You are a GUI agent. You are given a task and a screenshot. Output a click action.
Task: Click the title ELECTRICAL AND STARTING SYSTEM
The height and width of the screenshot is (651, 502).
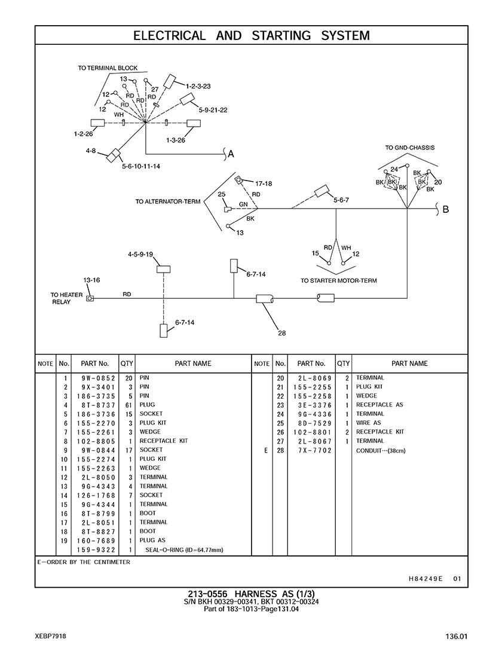[251, 35]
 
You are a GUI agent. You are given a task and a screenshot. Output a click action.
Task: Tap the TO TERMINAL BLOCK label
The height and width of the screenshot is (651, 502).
[108, 68]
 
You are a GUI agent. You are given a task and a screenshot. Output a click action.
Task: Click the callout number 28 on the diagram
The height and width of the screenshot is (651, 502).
[281, 334]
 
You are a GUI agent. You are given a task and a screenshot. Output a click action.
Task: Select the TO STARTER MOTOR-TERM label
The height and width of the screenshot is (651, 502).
[338, 280]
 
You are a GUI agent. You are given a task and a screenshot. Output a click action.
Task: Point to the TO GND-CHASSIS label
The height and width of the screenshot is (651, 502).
[409, 148]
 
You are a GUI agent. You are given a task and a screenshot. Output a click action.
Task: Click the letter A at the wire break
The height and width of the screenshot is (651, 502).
[231, 154]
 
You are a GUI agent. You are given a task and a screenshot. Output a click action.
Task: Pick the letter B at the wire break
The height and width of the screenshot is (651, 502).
[445, 209]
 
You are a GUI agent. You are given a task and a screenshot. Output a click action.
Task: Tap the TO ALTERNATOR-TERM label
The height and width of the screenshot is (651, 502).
[167, 201]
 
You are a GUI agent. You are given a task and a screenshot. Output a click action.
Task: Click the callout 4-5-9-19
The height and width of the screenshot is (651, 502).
[140, 254]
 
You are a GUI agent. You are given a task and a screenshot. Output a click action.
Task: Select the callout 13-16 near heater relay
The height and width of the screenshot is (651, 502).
[91, 280]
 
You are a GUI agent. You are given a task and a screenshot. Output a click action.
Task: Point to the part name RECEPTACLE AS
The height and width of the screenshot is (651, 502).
[379, 405]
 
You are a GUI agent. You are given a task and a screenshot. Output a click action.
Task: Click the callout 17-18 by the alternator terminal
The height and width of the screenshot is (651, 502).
[264, 183]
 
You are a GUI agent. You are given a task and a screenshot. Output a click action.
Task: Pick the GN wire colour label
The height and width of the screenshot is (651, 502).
[243, 204]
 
